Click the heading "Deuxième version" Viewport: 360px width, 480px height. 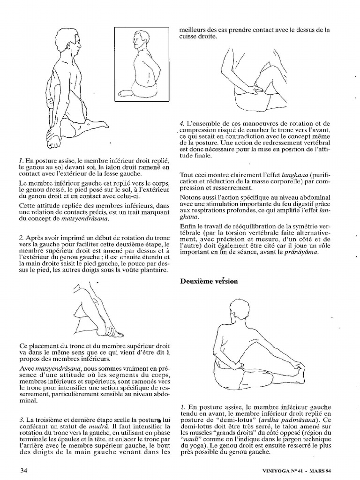[209, 281]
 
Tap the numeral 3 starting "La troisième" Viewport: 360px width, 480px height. [22, 420]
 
